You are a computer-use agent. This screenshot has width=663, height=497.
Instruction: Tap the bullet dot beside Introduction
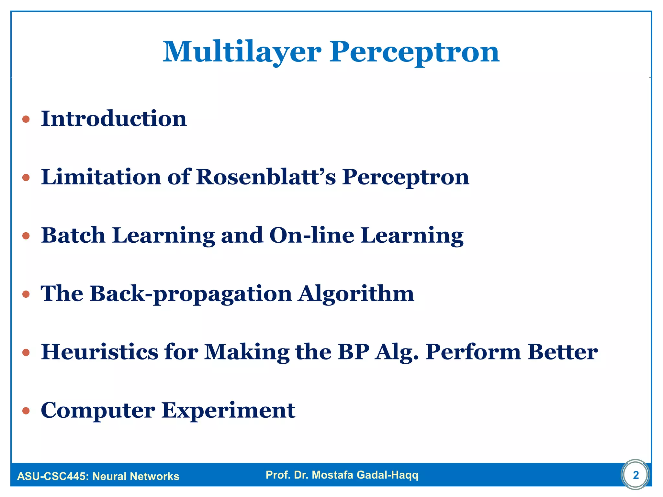[x=26, y=119]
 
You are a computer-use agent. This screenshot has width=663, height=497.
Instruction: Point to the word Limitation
[x=101, y=177]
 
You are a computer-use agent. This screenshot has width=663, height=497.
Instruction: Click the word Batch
[x=73, y=235]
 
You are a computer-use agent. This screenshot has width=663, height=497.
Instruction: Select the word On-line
[x=312, y=235]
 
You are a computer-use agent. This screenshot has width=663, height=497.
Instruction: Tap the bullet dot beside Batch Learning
[x=26, y=236]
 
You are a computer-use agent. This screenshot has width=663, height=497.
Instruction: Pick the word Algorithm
[x=356, y=293]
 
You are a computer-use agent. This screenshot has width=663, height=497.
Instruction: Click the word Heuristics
[x=100, y=352]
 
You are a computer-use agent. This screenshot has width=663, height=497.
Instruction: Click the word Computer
[x=98, y=410]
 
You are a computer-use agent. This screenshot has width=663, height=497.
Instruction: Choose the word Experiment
[x=229, y=410]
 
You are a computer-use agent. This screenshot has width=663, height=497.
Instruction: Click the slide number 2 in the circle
[x=636, y=475]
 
